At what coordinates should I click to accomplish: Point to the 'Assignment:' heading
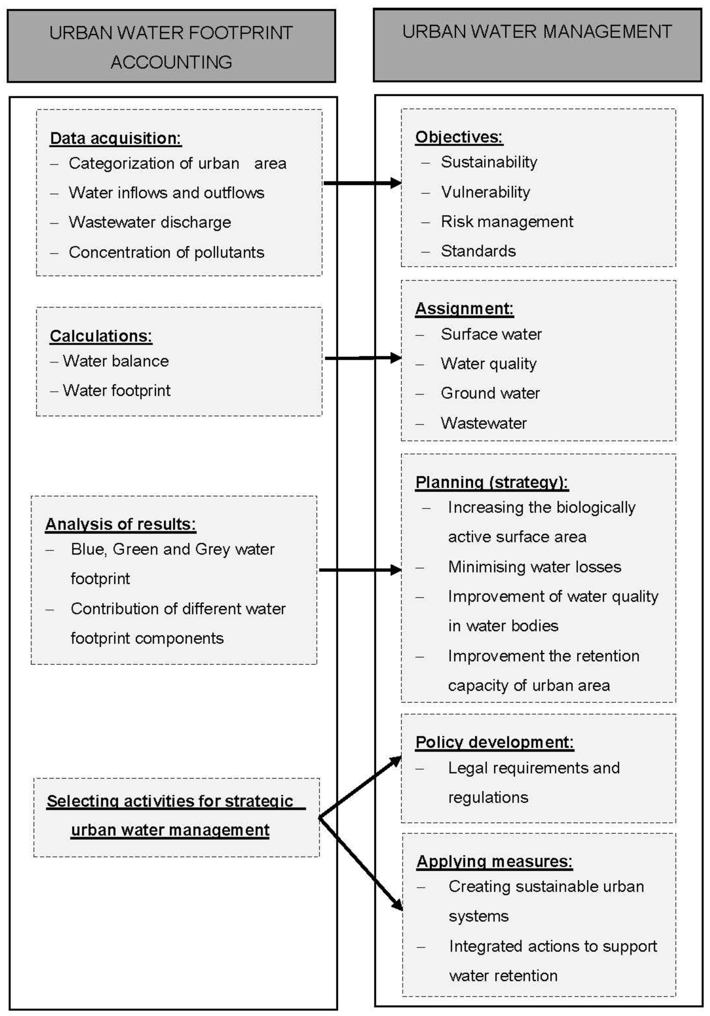point(464,308)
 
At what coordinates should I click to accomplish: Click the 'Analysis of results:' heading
point(120,524)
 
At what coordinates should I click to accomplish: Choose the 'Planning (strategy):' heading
point(491,482)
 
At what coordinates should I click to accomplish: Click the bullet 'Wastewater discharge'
point(150,222)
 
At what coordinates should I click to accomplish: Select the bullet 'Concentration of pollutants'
point(166,252)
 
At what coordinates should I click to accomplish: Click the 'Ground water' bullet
point(490,393)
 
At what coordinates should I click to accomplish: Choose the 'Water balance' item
point(116,361)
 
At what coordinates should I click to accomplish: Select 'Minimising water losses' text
point(534,567)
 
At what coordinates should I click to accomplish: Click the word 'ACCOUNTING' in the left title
point(171,62)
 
